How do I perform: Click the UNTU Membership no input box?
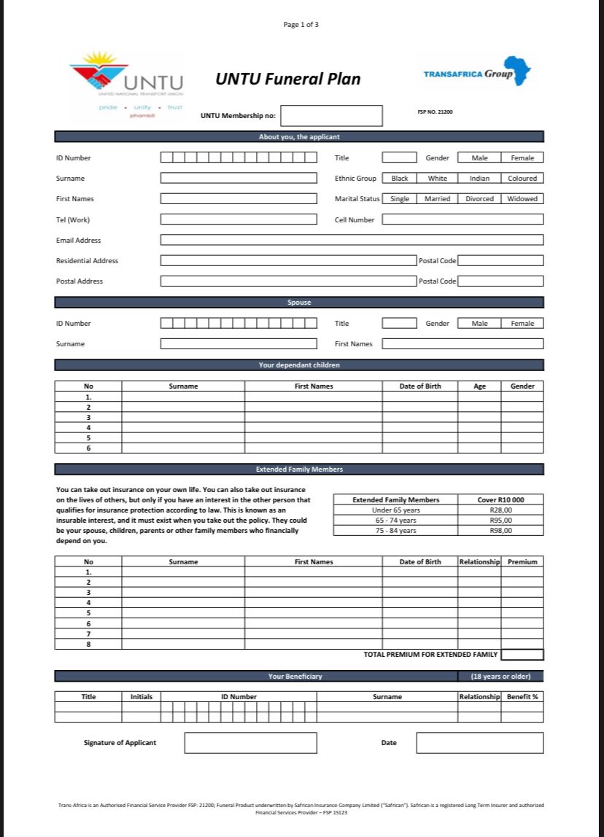pyautogui.click(x=331, y=116)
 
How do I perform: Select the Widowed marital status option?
pyautogui.click(x=522, y=199)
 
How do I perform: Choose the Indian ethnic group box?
pyautogui.click(x=479, y=179)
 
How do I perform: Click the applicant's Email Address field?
pyautogui.click(x=352, y=240)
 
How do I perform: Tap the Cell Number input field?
pyautogui.click(x=462, y=219)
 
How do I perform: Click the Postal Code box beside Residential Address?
pyautogui.click(x=500, y=260)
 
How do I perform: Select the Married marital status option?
pyautogui.click(x=438, y=199)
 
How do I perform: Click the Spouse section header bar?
pyautogui.click(x=299, y=303)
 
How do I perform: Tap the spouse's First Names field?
pyautogui.click(x=462, y=344)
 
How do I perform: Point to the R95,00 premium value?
pyautogui.click(x=501, y=521)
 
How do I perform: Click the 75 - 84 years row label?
pyautogui.click(x=395, y=531)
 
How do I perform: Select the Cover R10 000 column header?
pyautogui.click(x=500, y=500)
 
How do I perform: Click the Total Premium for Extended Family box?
pyautogui.click(x=522, y=655)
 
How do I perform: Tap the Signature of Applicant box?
pyautogui.click(x=250, y=743)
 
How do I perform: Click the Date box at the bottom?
pyautogui.click(x=480, y=743)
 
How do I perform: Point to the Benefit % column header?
pyautogui.click(x=522, y=697)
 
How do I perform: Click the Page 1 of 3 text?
pyautogui.click(x=301, y=25)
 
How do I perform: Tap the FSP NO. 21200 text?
pyautogui.click(x=435, y=112)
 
